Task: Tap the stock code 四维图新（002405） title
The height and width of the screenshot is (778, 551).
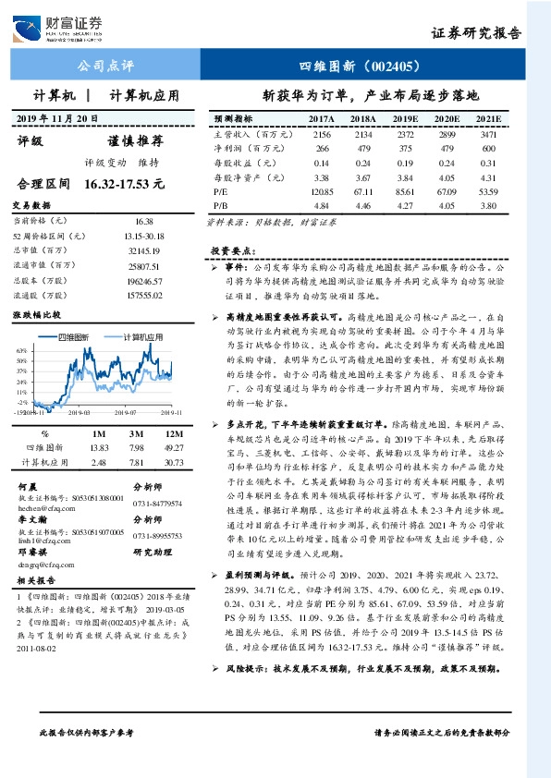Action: click(361, 67)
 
